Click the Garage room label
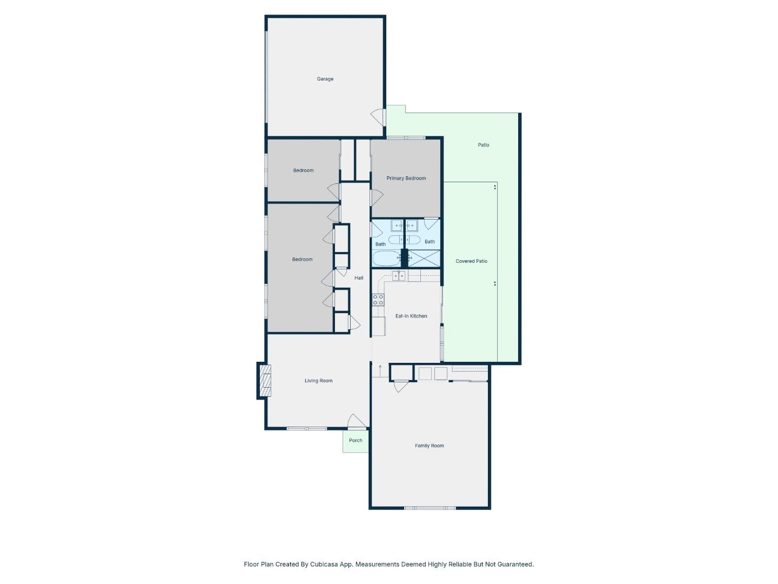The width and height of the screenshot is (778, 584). tap(325, 79)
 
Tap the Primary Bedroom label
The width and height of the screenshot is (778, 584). tap(406, 178)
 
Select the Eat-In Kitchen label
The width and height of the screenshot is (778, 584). tap(411, 316)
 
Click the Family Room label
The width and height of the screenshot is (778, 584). tap(429, 446)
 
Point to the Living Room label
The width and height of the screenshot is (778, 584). tap(318, 381)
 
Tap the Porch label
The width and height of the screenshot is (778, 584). tap(356, 440)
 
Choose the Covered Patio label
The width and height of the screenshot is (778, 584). tap(471, 261)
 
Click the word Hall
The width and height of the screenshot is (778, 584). tap(359, 278)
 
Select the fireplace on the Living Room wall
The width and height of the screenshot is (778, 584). tap(265, 381)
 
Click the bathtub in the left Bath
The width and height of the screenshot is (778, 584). tap(386, 258)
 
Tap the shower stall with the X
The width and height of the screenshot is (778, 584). tap(424, 258)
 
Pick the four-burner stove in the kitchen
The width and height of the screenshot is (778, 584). tap(378, 300)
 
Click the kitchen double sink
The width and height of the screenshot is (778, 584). tap(399, 276)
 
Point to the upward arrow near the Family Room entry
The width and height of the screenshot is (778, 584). tap(380, 370)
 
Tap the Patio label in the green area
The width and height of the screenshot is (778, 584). tap(483, 145)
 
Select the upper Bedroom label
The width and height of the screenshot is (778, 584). tap(303, 170)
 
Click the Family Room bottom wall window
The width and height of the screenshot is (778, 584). tap(430, 508)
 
